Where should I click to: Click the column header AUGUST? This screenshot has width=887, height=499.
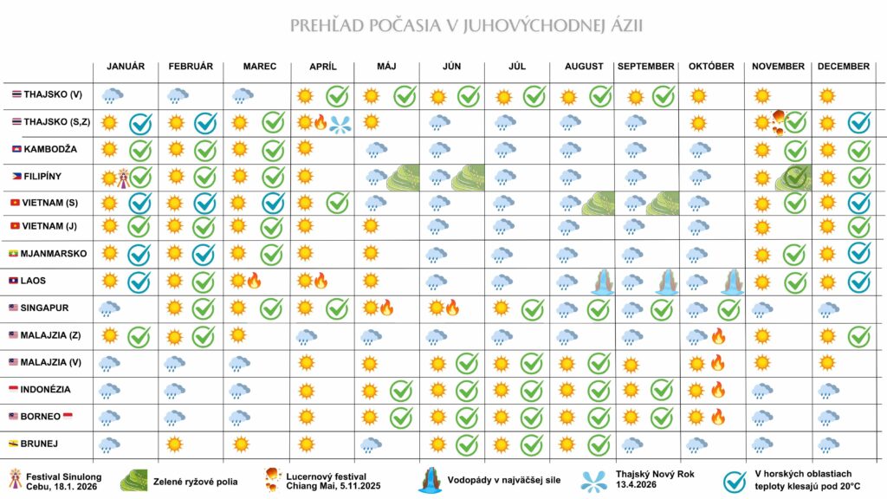[x=584, y=66]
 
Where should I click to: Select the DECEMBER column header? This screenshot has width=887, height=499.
[x=844, y=66]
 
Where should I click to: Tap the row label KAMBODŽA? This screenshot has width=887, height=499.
[x=50, y=149]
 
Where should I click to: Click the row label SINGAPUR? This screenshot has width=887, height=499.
[x=44, y=308]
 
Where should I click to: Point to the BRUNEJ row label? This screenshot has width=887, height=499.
[x=39, y=444]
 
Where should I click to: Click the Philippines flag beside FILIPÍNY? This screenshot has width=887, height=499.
[x=17, y=177]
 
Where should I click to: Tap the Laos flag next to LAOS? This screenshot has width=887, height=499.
[x=14, y=281]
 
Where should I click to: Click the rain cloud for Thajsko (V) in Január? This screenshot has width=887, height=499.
[x=112, y=95]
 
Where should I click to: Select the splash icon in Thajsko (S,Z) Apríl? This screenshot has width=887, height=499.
[x=340, y=125]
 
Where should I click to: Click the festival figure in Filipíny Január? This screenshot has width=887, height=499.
[x=123, y=178]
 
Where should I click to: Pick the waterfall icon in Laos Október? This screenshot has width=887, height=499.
[x=731, y=282]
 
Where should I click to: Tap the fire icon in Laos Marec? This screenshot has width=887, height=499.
[x=254, y=280]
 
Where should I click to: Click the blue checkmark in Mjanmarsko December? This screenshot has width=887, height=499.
[x=858, y=253]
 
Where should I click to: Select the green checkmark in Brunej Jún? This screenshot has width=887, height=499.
[x=467, y=444]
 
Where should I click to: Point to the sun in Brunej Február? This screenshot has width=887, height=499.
[x=174, y=444]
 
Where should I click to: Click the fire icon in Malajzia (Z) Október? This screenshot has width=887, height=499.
[x=718, y=336]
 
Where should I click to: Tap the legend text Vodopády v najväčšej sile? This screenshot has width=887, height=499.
[x=503, y=480]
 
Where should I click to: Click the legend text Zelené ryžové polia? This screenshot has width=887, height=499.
[x=195, y=482]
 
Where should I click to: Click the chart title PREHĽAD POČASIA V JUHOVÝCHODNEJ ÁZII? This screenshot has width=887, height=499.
[x=466, y=25]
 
